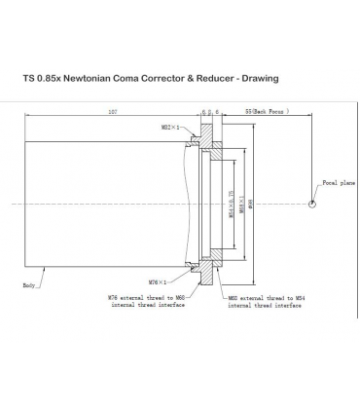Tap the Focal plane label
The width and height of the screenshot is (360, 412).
coord(337,182)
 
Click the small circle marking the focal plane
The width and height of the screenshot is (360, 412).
coord(311,204)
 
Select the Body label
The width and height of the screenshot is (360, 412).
coord(30,285)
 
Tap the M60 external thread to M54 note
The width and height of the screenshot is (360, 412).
coord(265,301)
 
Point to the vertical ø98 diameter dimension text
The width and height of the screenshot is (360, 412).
coord(250,204)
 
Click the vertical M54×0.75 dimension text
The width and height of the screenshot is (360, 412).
coord(231,204)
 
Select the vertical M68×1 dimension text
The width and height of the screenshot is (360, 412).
coord(240,204)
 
